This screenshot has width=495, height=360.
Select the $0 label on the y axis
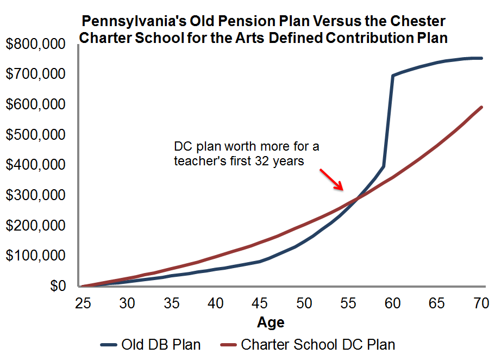[x=60, y=286]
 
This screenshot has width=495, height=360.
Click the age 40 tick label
[x=215, y=303]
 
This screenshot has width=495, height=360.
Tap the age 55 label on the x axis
[x=349, y=303]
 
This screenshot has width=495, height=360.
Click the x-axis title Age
[x=271, y=322]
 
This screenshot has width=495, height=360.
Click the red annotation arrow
[x=331, y=179]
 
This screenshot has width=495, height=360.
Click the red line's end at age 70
[x=482, y=107]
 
